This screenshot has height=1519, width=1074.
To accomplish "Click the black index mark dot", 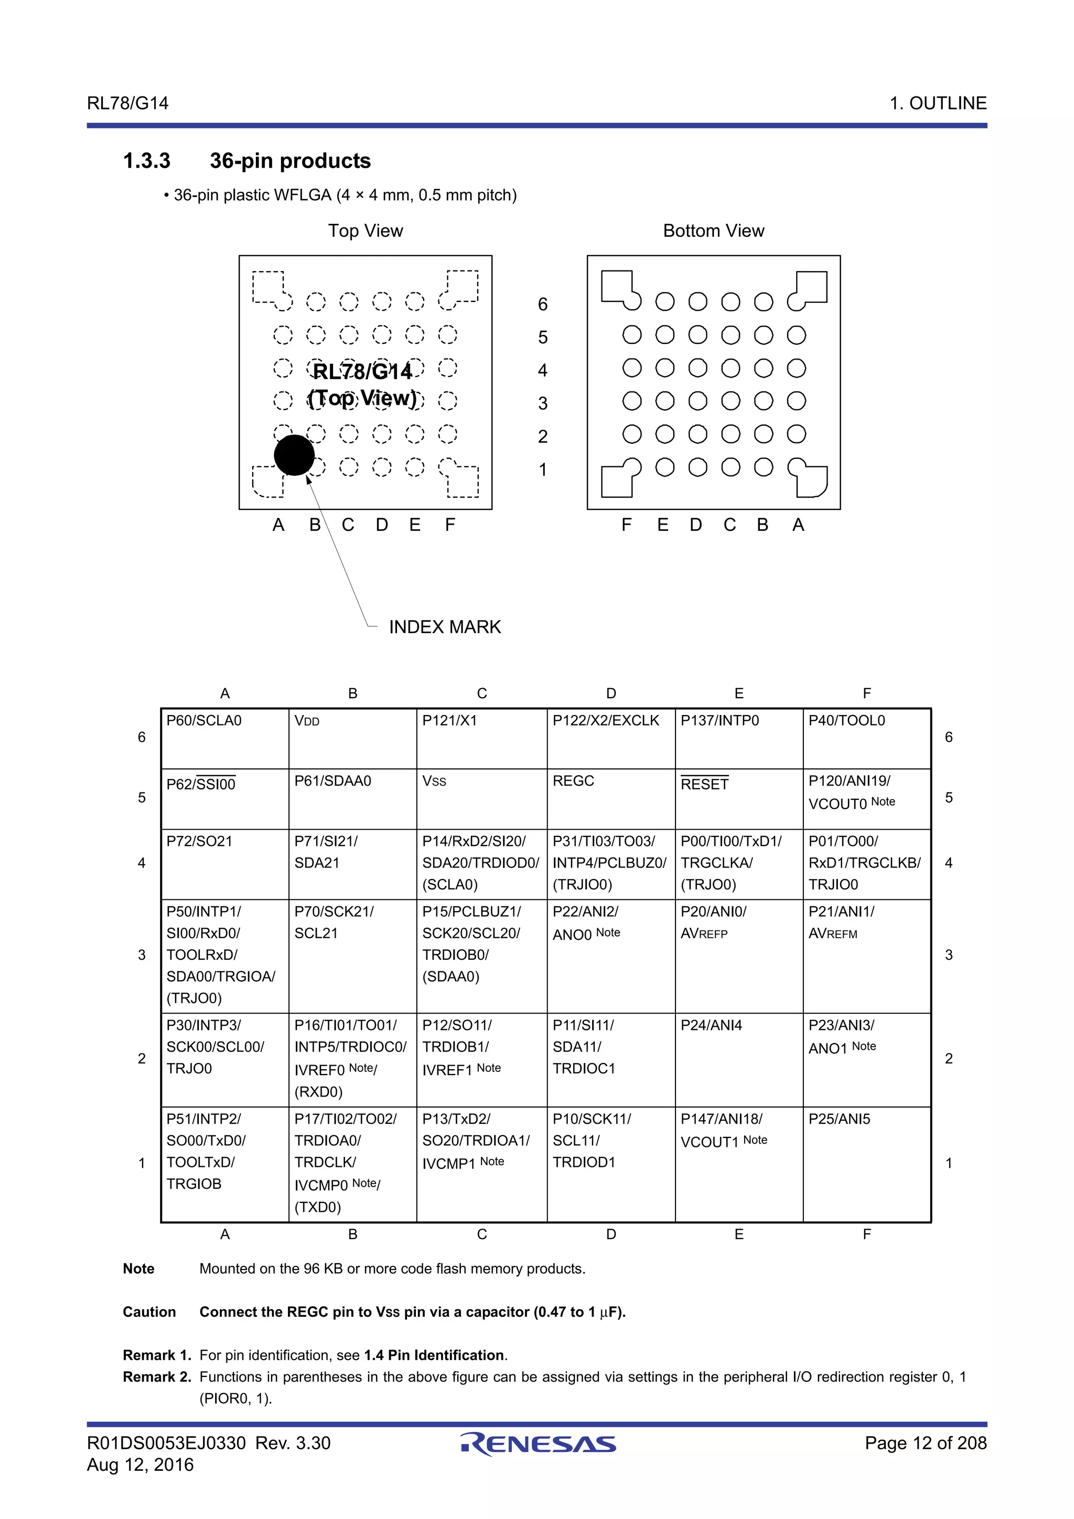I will click(x=294, y=455).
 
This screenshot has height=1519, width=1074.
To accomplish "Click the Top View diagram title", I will click(x=366, y=231).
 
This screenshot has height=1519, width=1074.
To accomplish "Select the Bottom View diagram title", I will click(x=713, y=231).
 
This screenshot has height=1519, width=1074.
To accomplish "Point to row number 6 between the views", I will click(x=543, y=305).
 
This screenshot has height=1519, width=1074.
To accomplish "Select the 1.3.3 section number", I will click(x=146, y=161).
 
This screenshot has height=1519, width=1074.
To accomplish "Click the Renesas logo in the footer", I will click(x=538, y=1444).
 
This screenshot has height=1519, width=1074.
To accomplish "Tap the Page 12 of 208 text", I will click(x=925, y=1443).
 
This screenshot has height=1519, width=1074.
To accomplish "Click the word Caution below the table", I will click(x=149, y=1312).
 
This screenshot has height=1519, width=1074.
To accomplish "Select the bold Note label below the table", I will click(x=138, y=1269).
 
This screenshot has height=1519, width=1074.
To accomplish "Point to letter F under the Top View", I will click(x=450, y=525).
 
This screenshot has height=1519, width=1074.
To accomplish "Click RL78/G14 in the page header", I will click(x=128, y=103).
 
